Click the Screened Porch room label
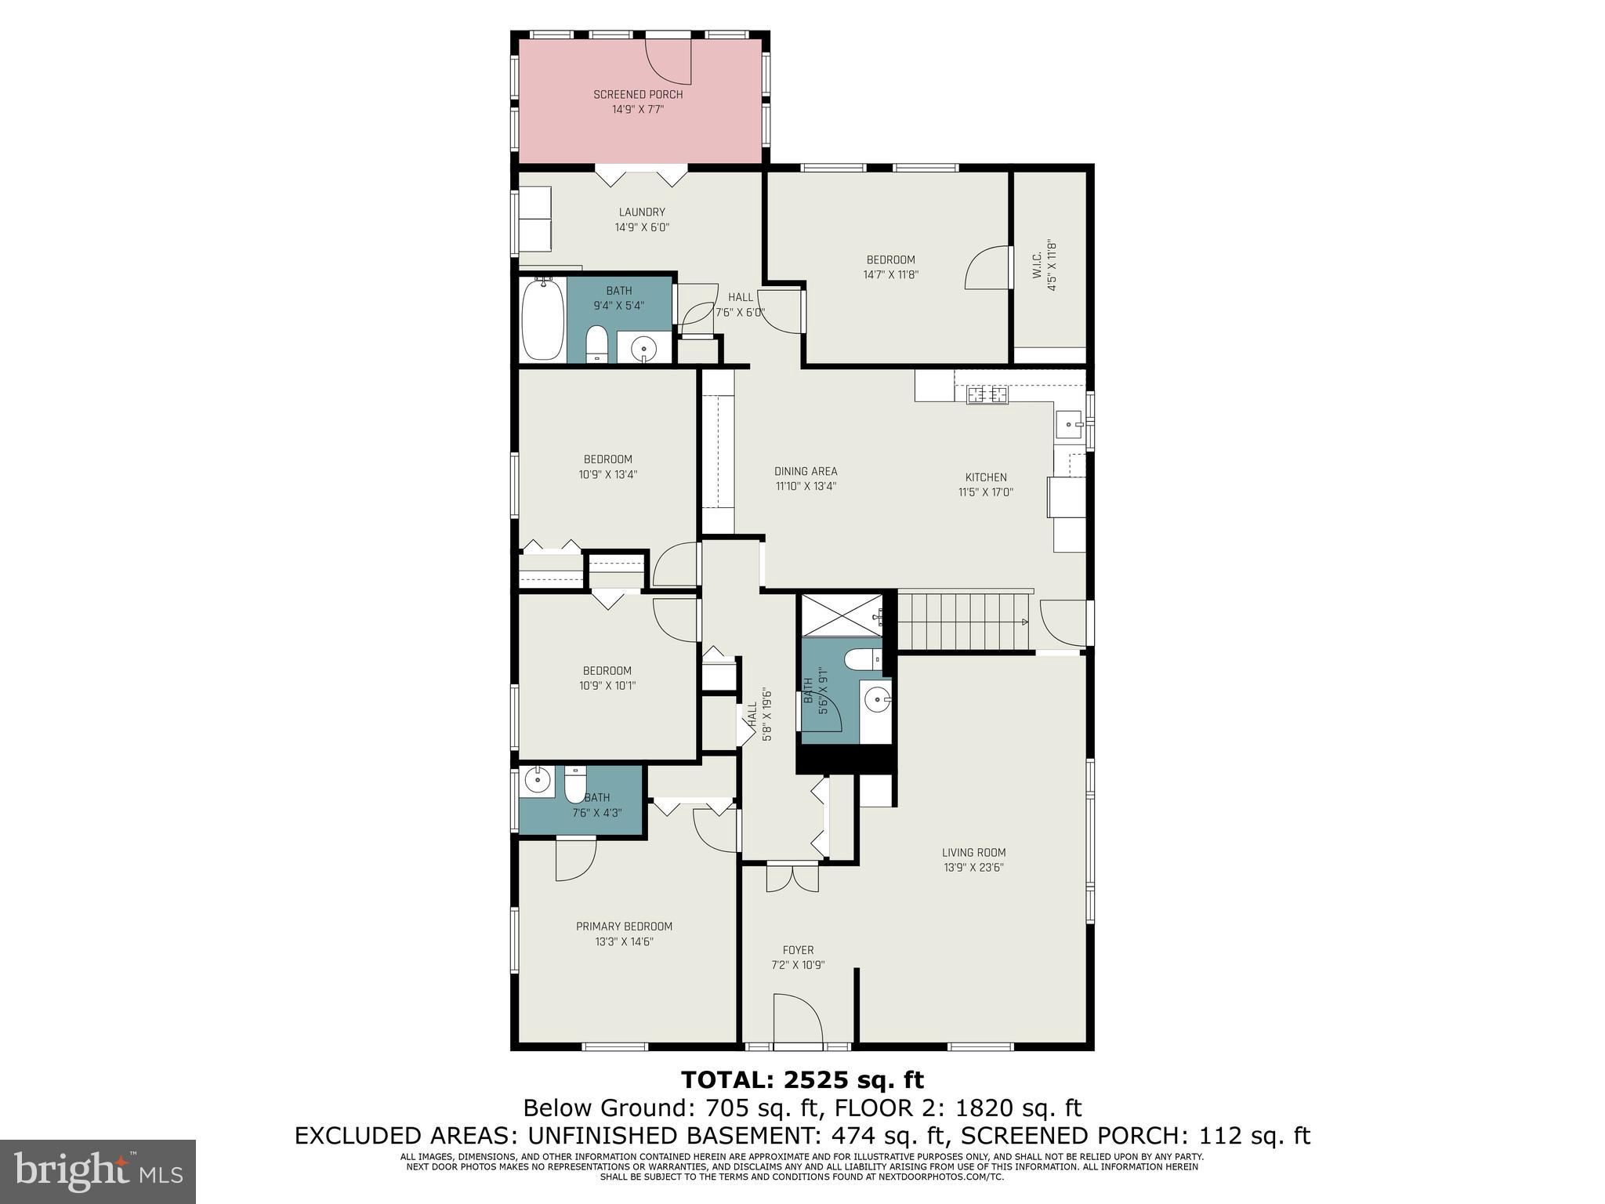coord(638,102)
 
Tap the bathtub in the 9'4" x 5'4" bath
coord(542,319)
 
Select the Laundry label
coord(642,212)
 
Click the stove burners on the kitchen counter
coord(987,395)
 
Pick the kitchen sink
coord(1069,426)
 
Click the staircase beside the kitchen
coord(963,622)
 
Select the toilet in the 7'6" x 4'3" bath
coord(575,783)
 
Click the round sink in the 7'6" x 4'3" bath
coord(538,780)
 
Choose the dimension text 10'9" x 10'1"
coord(607,685)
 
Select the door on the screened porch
coord(668,61)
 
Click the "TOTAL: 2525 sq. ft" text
coord(802,1080)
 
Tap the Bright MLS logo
coord(98,1171)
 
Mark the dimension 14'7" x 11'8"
coord(890,274)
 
